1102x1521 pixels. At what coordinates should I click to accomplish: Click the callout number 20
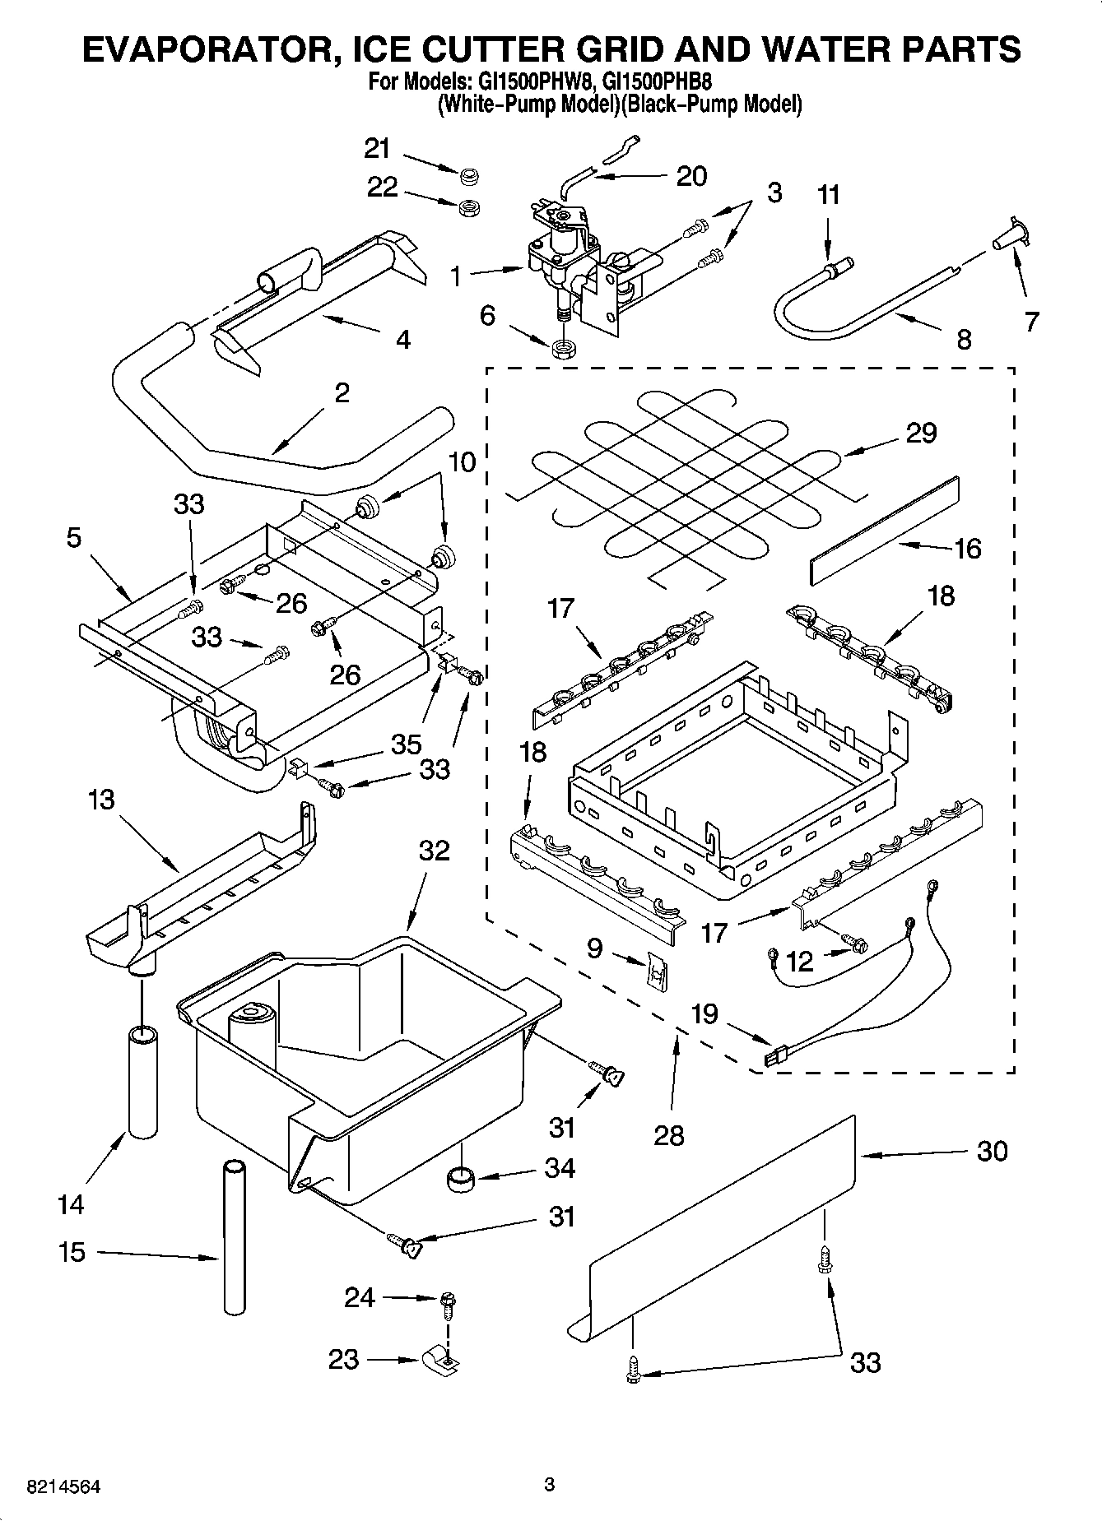point(690,175)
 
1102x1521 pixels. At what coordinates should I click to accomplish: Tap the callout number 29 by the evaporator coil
point(921,433)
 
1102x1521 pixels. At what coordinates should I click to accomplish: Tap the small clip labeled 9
point(656,971)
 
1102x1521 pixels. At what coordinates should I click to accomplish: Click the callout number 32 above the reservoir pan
point(434,850)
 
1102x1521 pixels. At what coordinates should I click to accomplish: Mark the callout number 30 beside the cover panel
point(992,1151)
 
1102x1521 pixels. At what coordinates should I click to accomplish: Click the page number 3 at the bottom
point(550,1485)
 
